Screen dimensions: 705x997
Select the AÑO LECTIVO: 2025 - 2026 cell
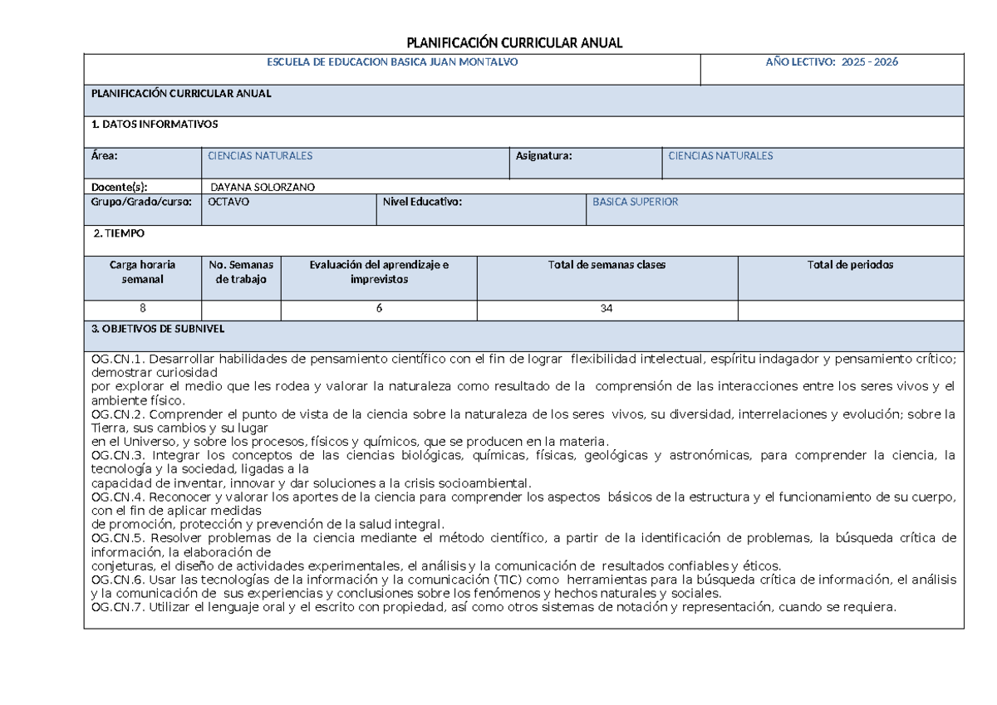[831, 62]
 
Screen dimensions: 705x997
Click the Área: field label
[105, 155]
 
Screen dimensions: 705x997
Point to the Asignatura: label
[543, 155]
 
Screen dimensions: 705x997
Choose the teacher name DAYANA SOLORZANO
[263, 187]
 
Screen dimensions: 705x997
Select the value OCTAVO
[228, 202]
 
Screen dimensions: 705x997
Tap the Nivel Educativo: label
[422, 202]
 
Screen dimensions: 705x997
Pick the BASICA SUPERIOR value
[635, 202]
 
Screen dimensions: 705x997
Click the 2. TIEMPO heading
[119, 234]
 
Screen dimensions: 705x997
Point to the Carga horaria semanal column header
[142, 272]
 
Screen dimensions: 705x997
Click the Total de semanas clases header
[607, 265]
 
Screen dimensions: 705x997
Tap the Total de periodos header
[850, 265]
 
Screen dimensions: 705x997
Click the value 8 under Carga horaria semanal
[142, 308]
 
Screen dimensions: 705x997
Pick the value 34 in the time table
[607, 308]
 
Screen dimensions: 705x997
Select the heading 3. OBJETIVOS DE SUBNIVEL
[158, 329]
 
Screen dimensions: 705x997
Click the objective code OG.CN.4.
[119, 497]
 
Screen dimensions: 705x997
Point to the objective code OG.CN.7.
[119, 608]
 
